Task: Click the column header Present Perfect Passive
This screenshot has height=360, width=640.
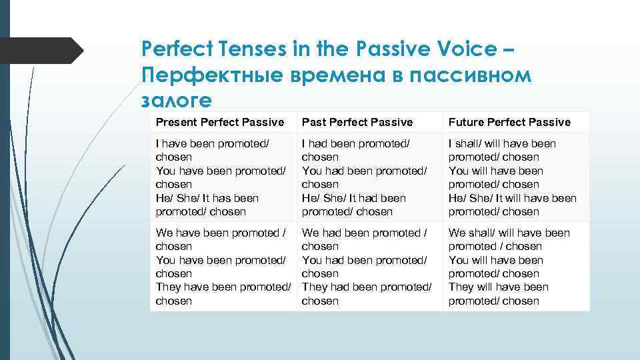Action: pos(220,122)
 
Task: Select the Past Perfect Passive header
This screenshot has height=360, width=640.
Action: pos(357,122)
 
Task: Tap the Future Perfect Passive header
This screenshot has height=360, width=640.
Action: pos(509,122)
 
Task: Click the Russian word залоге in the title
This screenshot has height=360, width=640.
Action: pos(177,99)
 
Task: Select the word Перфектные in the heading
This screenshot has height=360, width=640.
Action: pos(213,75)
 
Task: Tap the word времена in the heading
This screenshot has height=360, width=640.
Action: pos(337,75)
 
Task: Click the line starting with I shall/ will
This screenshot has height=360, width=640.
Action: pos(502,143)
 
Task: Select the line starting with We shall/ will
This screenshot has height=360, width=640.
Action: pos(509,233)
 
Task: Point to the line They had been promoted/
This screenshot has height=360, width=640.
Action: pos(367,287)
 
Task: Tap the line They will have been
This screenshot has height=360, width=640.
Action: pos(499,287)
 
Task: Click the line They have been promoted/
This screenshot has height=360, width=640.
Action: pos(223,287)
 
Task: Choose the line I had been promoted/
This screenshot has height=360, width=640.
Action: pos(355,143)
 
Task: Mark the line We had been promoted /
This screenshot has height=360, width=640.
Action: pos(365,233)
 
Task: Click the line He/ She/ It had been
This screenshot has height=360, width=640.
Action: pos(353,198)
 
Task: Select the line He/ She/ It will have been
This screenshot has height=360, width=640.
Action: pos(513,198)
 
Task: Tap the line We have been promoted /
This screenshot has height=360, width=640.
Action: pos(221,233)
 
